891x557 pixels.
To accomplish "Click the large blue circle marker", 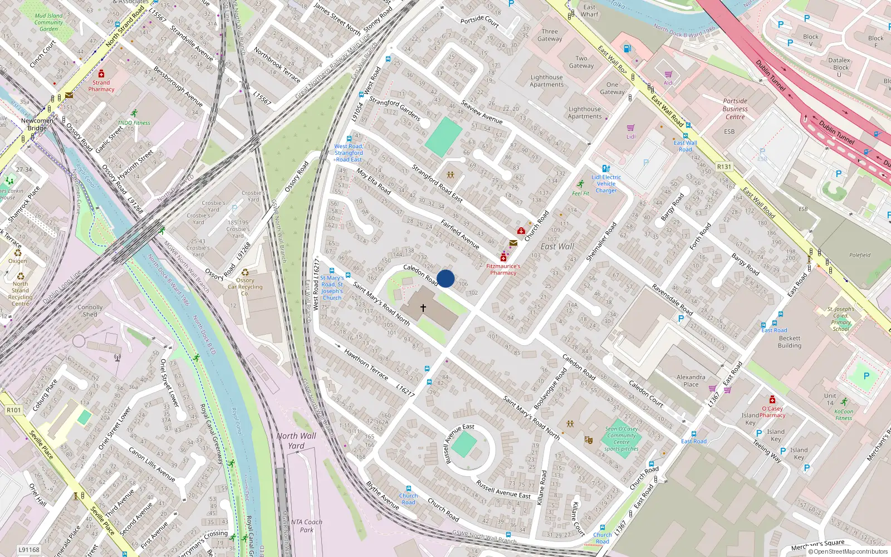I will pos(445,278).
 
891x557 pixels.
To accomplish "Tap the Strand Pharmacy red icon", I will pos(101,74).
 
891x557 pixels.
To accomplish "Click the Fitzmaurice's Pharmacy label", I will pos(503,270).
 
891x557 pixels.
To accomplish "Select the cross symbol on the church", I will pos(423,307).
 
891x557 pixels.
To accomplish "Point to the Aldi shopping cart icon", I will pos(668,74).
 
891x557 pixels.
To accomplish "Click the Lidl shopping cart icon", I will pos(631,128).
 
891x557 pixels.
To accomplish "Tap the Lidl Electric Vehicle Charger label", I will pos(606,184).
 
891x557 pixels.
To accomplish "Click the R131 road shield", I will pos(724,167).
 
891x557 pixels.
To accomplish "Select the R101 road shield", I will pos(14,410).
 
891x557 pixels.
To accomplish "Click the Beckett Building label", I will pos(790,342).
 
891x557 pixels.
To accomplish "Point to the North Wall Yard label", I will pos(296,441).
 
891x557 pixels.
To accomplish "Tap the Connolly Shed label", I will pos(90,311).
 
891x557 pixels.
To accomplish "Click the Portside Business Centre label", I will pos(735,109).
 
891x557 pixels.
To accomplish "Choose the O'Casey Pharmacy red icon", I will pos(772,400).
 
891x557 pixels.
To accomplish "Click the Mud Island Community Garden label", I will pos(49,22).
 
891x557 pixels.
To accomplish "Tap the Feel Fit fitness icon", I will pos(581,184).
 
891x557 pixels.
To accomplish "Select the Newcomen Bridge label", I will pos(37,124).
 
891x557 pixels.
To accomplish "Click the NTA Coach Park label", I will pos(306,526).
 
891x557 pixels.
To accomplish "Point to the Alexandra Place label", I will pos(691,380).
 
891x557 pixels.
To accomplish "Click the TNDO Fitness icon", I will pos(134,114).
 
